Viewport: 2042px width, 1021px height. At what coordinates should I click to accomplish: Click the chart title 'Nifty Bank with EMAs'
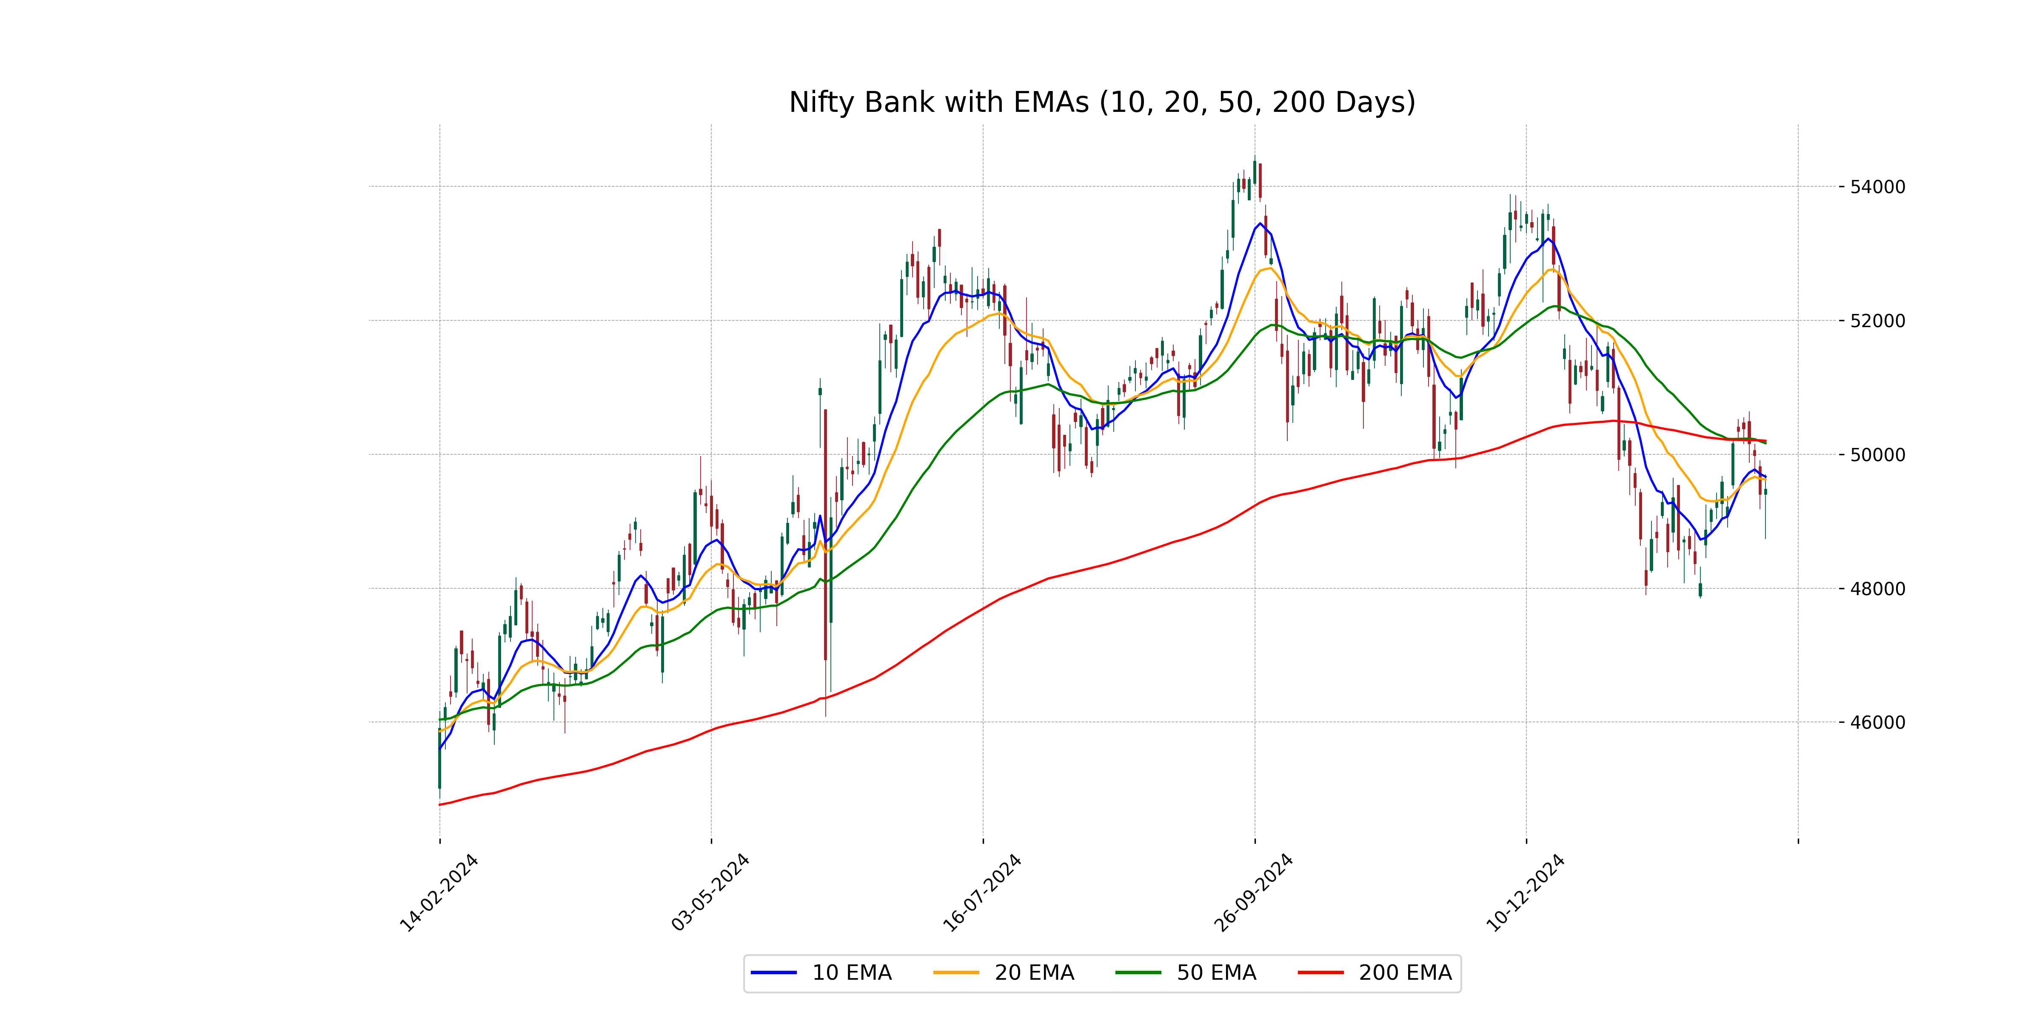click(x=1102, y=102)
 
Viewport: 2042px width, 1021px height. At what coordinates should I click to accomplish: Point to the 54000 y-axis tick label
click(x=1877, y=187)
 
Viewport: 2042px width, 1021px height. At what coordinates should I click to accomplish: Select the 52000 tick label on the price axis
click(x=1877, y=321)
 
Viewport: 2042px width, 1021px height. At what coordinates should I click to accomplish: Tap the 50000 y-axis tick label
click(x=1877, y=455)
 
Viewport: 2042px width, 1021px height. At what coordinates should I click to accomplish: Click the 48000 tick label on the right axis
click(x=1877, y=589)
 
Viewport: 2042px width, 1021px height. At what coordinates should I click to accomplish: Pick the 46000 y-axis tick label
click(x=1877, y=722)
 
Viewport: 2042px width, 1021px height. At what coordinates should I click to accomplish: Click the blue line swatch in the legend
click(x=774, y=973)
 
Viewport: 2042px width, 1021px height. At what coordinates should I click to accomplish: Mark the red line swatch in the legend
click(x=1320, y=973)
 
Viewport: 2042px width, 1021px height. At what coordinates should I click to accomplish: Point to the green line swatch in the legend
click(x=1138, y=973)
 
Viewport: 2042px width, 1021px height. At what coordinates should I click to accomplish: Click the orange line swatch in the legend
click(x=956, y=973)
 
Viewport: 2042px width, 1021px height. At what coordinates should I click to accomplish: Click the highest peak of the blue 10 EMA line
click(x=1261, y=223)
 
